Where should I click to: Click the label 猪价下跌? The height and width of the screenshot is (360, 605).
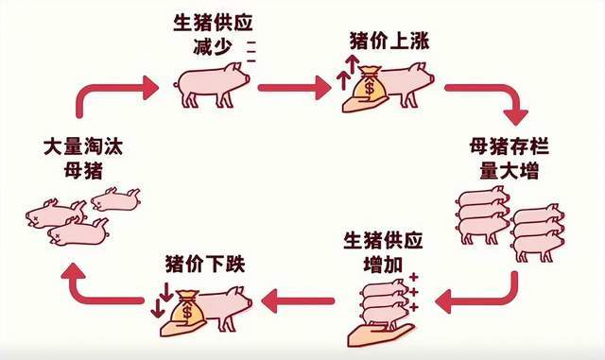200,262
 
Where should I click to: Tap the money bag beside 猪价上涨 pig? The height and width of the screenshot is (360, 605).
370,85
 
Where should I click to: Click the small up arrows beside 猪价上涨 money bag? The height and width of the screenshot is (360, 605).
348,72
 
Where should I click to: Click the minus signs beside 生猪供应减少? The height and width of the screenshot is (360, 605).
252,51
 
